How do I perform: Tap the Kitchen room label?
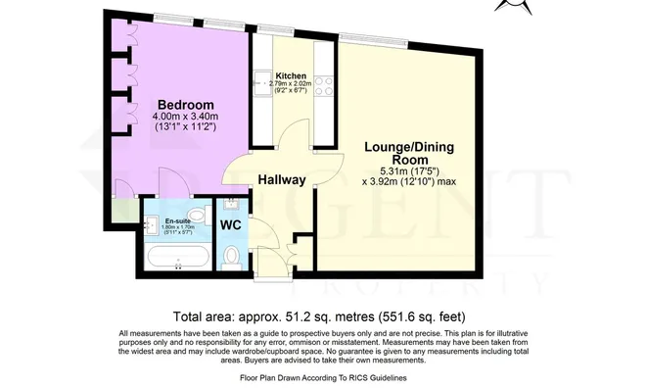pos(291,75)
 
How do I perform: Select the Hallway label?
pos(282,180)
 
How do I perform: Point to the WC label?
pos(231,225)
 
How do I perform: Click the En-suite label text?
pos(177,221)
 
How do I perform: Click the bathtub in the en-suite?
pos(176,257)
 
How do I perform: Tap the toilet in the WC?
pos(231,257)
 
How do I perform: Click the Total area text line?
pos(323,316)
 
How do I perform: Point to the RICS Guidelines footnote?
pos(323,377)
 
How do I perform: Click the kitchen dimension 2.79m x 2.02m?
pos(293,85)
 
